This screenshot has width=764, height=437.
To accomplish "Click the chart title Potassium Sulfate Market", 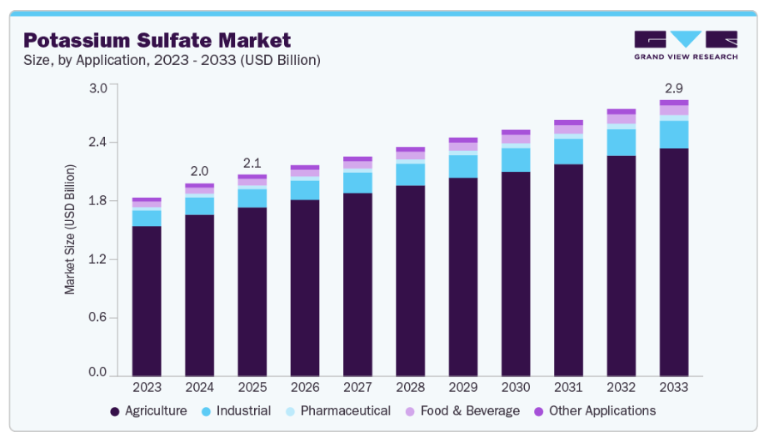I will point(157,40).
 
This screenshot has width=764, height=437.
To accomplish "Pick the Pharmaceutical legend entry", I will point(337,410).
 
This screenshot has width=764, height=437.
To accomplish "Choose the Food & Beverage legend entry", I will point(462,410).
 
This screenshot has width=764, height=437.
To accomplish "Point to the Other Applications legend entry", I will point(594,410).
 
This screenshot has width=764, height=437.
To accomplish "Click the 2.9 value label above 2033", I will point(674,87).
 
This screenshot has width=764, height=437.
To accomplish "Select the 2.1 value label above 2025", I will point(252,162).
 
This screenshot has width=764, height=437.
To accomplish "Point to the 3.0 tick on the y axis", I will point(98,88).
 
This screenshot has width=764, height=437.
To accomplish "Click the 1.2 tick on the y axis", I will point(98,259).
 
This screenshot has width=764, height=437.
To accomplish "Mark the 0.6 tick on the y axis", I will point(98,317).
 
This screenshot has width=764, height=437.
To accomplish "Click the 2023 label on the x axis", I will point(147,388).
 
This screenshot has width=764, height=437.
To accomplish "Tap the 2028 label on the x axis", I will point(410,388).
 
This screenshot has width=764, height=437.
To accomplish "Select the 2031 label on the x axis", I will point(568,388).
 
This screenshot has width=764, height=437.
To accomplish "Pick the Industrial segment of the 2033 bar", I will point(674,134).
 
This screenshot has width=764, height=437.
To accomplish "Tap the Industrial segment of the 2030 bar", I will point(516,159).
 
